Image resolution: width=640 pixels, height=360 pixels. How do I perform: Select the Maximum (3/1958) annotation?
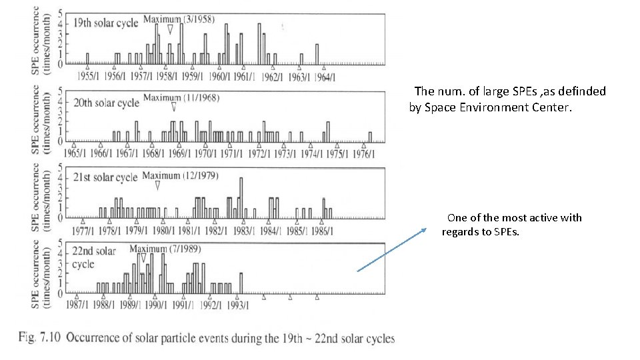point(179,19)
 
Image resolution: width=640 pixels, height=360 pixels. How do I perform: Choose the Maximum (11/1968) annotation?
point(181,98)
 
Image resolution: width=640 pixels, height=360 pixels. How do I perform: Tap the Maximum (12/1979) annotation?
point(180,176)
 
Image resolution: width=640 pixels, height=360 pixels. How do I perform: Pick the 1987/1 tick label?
point(77,305)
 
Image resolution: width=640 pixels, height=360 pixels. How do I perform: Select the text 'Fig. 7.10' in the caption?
point(39,337)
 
